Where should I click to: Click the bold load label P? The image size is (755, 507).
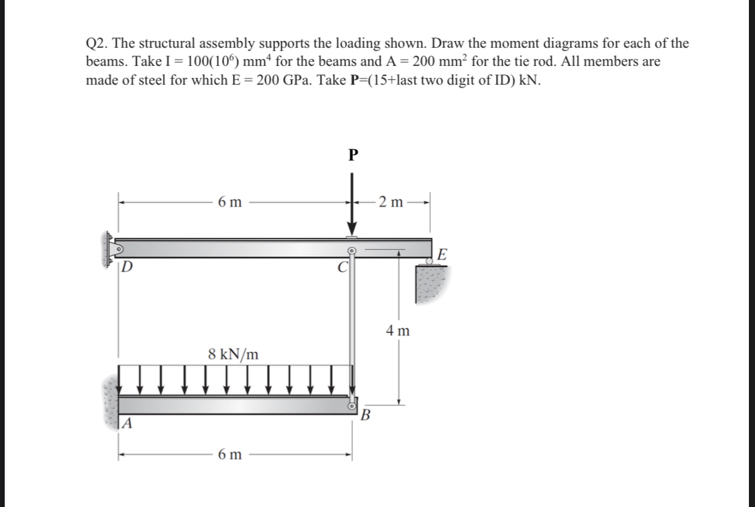point(354,156)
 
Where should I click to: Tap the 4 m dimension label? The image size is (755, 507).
point(398,330)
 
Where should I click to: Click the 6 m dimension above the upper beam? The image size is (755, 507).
point(231,202)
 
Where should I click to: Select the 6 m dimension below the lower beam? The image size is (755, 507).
point(230,455)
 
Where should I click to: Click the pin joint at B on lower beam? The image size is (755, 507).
point(351,406)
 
